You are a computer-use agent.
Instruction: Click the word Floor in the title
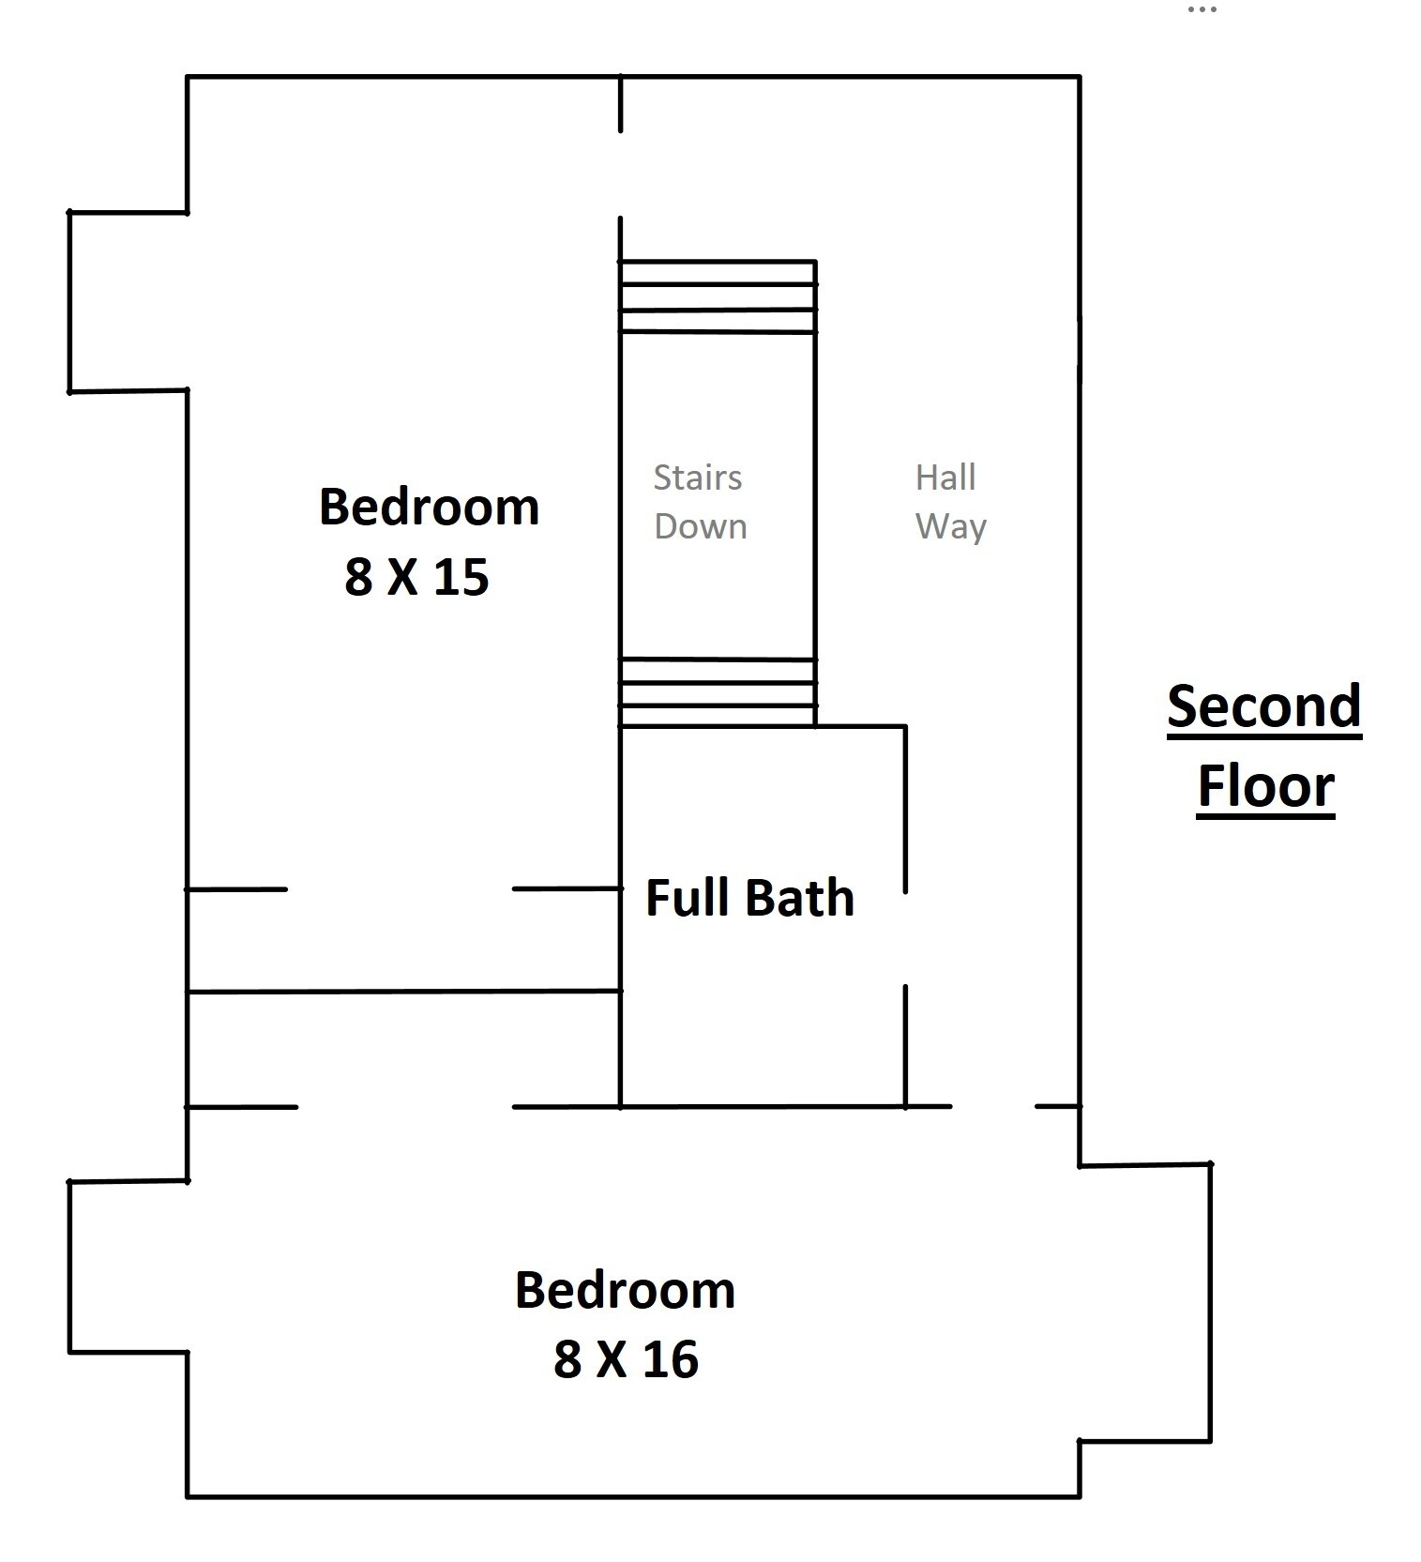pyautogui.click(x=1265, y=786)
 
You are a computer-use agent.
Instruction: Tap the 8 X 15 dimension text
pyautogui.click(x=416, y=576)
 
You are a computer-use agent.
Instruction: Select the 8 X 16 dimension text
pyautogui.click(x=626, y=1358)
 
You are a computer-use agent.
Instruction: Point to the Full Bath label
pyautogui.click(x=749, y=898)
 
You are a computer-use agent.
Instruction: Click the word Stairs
pyautogui.click(x=698, y=478)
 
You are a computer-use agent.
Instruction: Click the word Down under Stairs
pyautogui.click(x=701, y=526)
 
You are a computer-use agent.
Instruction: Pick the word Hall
pyautogui.click(x=945, y=478)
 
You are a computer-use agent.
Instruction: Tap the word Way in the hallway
pyautogui.click(x=951, y=527)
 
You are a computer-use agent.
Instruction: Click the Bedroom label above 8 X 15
pyautogui.click(x=430, y=507)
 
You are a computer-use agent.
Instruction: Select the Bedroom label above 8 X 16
pyautogui.click(x=625, y=1290)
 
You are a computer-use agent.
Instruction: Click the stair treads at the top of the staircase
pyautogui.click(x=718, y=296)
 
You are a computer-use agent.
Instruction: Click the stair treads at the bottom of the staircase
pyautogui.click(x=718, y=692)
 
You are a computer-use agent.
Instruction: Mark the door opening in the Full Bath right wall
pyautogui.click(x=905, y=938)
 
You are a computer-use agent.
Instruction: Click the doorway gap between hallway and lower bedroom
pyautogui.click(x=993, y=1107)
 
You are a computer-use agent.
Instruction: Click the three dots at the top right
pyautogui.click(x=1202, y=9)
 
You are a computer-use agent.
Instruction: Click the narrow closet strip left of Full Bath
pyautogui.click(x=403, y=1049)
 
